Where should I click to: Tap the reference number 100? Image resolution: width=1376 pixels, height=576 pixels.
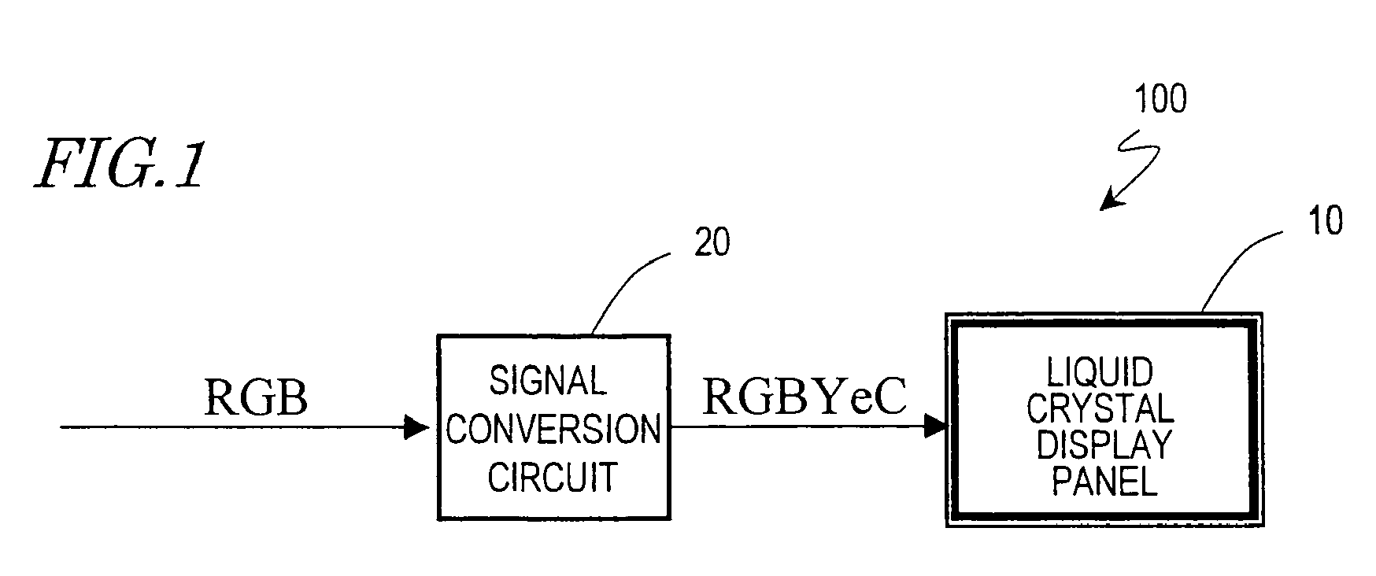click(1160, 100)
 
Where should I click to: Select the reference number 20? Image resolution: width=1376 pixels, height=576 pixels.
click(712, 243)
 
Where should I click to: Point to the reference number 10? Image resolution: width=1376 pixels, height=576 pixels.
click(1324, 221)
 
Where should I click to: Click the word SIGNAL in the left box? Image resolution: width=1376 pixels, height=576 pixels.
click(548, 381)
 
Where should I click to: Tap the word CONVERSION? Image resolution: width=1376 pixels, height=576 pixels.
click(553, 429)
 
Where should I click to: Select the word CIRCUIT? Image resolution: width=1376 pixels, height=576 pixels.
click(552, 476)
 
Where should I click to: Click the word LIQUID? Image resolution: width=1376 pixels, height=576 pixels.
click(1100, 372)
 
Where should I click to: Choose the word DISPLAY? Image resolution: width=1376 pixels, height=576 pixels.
click(1103, 445)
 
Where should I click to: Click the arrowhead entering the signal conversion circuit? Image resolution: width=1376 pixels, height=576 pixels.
click(416, 427)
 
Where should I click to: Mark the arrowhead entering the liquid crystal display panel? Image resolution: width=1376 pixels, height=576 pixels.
click(934, 426)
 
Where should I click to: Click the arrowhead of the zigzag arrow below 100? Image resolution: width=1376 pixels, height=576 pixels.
click(1111, 201)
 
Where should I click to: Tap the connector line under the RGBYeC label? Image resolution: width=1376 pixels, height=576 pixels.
click(797, 426)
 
